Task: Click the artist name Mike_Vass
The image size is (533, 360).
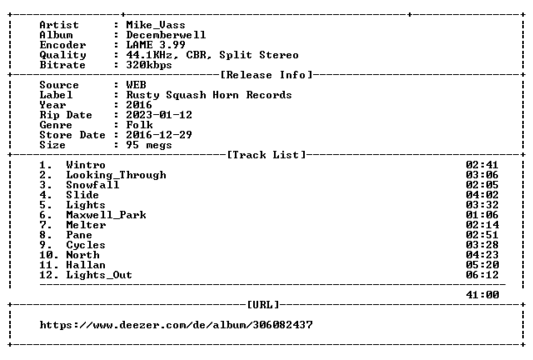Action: tap(156, 25)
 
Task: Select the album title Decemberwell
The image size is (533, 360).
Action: tap(166, 35)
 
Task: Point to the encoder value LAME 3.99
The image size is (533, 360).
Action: tap(156, 45)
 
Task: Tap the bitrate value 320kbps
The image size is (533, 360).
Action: tap(149, 65)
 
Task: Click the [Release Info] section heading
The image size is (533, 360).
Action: tap(266, 75)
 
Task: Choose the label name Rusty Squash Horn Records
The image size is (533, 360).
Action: tap(209, 95)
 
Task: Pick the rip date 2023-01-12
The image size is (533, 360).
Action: tap(159, 115)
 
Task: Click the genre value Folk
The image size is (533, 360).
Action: tap(139, 125)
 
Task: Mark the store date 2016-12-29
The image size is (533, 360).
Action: tap(159, 135)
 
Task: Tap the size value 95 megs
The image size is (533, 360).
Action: tap(149, 145)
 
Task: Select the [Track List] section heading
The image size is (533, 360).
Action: tap(266, 155)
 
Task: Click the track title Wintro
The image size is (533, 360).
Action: tap(86, 165)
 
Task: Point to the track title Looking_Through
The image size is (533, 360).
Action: tap(116, 175)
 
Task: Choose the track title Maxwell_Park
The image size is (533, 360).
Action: tap(106, 215)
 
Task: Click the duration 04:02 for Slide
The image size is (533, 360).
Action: tap(482, 195)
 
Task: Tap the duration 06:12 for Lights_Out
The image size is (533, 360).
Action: tap(482, 275)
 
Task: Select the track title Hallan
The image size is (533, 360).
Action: tap(86, 265)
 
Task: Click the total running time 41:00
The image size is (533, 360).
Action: tap(482, 295)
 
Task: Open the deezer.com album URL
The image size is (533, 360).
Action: tap(176, 325)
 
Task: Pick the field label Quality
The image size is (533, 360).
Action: tap(62, 55)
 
